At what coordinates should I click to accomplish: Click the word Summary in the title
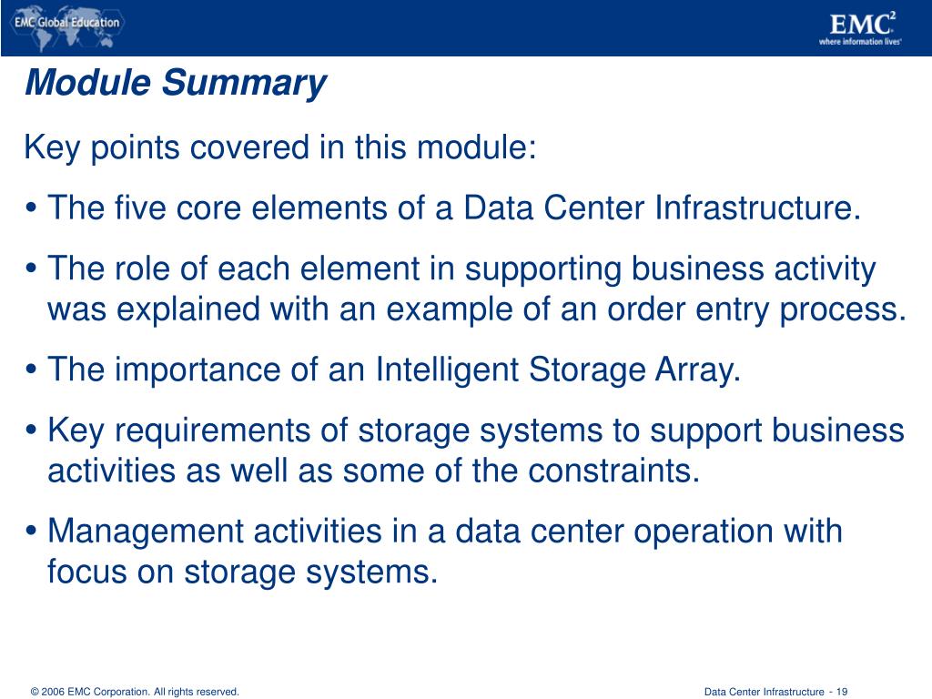(x=244, y=84)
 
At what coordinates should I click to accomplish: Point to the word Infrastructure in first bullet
(x=755, y=208)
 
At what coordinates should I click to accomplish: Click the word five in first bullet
(x=138, y=208)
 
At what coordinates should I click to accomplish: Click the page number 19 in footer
(x=842, y=692)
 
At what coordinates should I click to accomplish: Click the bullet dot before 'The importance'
(x=33, y=371)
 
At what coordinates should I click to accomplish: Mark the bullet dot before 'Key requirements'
(x=33, y=431)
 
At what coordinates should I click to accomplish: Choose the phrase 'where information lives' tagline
(x=859, y=42)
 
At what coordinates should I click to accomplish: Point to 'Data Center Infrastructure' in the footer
(x=763, y=692)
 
